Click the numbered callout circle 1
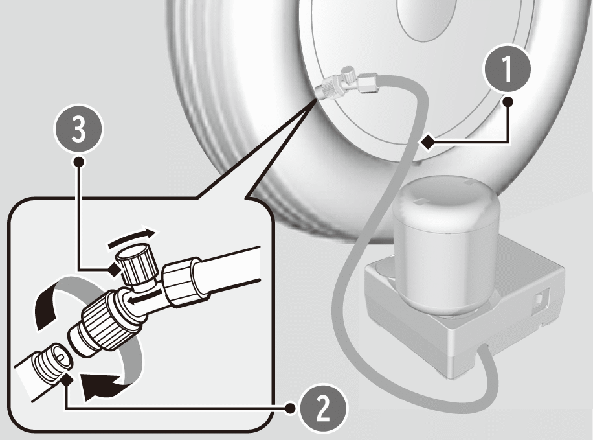[x=508, y=69]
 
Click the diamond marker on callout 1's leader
[x=428, y=143]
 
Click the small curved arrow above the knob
[x=131, y=238]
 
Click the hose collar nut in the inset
[x=181, y=281]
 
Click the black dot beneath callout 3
[x=79, y=162]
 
